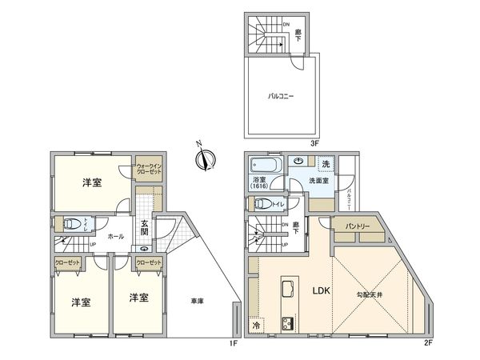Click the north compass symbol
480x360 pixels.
[205, 157]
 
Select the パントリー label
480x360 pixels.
[357, 226]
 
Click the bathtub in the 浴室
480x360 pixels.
[263, 165]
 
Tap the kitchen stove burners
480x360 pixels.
[286, 324]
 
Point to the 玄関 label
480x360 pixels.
[144, 227]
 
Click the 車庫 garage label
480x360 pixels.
[197, 302]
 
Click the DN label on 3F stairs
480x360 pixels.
[286, 24]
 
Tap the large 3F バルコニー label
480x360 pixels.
[281, 96]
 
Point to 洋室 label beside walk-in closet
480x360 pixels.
[91, 183]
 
